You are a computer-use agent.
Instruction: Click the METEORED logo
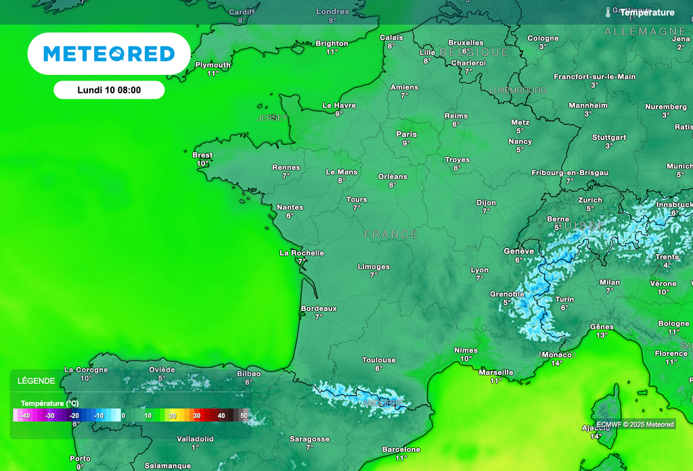coord(108,53)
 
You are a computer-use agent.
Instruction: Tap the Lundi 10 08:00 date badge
coord(109,90)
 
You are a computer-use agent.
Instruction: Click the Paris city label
coord(406,134)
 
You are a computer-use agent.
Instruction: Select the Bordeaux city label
coord(318,308)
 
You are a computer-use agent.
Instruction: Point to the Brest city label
coord(202,155)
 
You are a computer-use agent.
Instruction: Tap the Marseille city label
coord(496,372)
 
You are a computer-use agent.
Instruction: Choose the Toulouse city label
coord(379,360)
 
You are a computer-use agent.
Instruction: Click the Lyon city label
coord(479,270)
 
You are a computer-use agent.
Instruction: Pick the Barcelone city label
coord(401,449)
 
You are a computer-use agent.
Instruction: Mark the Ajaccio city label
coord(596,428)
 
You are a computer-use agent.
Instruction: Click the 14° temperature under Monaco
coord(556,363)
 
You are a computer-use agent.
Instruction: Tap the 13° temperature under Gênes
coord(602,334)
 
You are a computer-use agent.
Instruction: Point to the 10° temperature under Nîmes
coord(466,359)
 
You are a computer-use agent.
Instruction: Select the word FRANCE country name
coord(391,234)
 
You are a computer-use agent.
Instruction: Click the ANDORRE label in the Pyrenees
coord(382,403)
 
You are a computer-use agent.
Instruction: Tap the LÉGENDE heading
coord(37,381)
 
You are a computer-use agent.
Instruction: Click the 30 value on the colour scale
coord(197,416)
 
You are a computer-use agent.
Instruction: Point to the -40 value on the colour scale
coord(25,416)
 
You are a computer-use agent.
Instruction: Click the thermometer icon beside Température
coord(608,12)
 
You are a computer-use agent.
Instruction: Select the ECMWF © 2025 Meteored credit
coord(635,424)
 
